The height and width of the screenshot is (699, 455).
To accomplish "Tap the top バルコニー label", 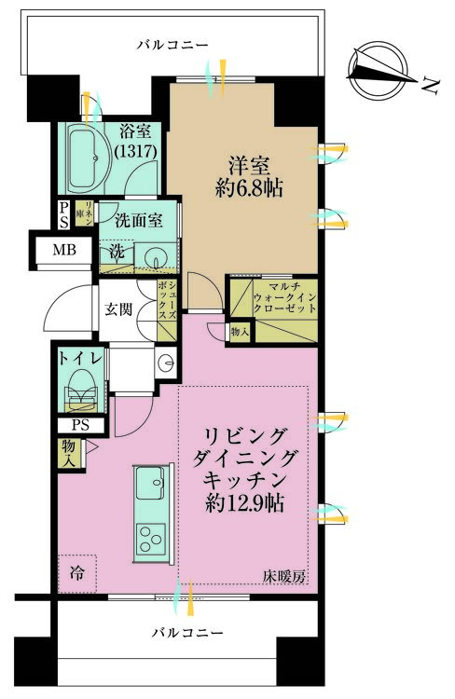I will [x=172, y=44].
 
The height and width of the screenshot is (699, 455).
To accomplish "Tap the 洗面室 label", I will [x=139, y=222].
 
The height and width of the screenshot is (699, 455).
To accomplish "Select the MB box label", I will [x=64, y=250].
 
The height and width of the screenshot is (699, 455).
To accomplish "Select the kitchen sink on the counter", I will [x=150, y=484].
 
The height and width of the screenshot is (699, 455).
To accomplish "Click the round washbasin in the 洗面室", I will [x=159, y=255].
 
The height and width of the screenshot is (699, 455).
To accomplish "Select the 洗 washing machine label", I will [x=117, y=253].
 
